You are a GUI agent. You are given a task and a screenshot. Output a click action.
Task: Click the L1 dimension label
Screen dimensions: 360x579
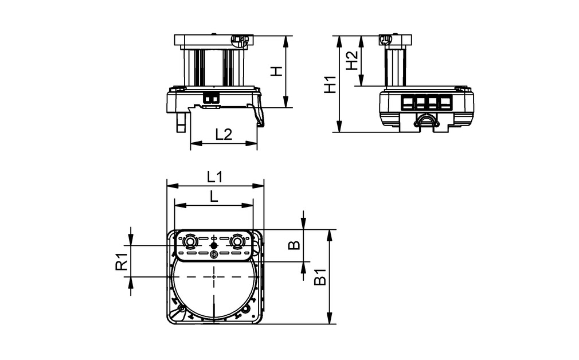[215, 177]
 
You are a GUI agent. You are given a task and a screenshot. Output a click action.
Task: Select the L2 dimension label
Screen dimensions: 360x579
[224, 134]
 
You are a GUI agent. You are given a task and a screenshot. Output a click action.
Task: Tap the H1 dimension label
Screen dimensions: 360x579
[329, 84]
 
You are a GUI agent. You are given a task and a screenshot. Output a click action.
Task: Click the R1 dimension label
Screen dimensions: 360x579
[121, 261]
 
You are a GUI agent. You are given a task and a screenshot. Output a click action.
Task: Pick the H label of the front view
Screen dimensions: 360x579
[276, 71]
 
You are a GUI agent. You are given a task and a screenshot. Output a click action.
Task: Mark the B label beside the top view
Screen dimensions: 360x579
[294, 245]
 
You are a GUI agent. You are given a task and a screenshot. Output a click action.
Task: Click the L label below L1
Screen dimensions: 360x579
[214, 197]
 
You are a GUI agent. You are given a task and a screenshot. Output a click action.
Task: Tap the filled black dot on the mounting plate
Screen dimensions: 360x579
[214, 245]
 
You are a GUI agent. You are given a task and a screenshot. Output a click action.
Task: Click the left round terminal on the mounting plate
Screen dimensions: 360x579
[189, 244]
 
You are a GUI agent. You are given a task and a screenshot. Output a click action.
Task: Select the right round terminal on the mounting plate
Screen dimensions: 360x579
[236, 244]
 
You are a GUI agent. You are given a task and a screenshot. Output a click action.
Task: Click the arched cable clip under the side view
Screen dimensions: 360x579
[425, 120]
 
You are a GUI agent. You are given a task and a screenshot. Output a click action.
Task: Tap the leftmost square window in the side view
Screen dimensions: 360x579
[408, 103]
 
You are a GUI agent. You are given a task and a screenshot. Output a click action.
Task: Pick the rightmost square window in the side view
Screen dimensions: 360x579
[444, 103]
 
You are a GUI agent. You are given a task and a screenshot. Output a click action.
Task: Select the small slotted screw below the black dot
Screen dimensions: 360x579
[214, 254]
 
